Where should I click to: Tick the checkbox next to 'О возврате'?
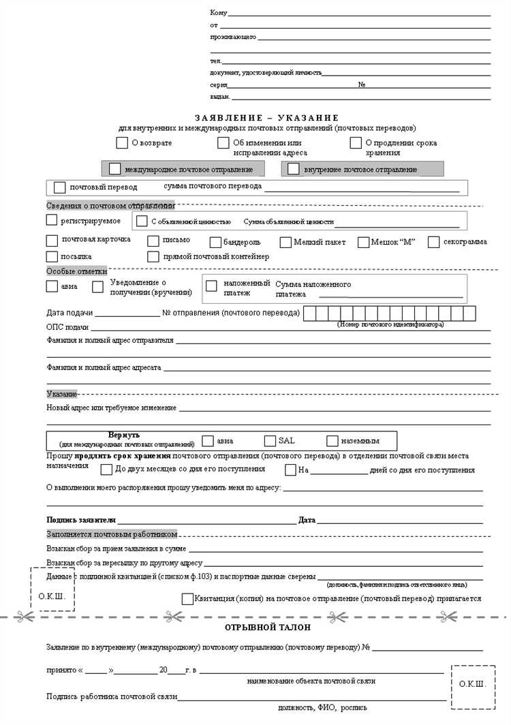122,143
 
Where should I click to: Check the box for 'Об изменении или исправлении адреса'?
223,143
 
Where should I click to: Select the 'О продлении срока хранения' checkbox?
356,143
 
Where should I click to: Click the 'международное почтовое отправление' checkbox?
114,169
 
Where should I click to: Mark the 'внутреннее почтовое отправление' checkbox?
294,169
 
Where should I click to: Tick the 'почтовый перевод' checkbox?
59,187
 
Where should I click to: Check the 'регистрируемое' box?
52,220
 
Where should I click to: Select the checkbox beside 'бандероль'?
215,243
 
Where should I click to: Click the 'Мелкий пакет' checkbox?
285,243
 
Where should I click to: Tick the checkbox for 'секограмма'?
433,243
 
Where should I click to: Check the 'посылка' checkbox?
52,257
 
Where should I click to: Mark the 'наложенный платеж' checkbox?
211,286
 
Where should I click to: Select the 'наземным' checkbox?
332,441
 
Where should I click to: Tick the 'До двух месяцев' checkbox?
106,469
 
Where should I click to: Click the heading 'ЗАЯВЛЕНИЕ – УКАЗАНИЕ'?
266,118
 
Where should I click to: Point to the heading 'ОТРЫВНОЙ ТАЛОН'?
268,627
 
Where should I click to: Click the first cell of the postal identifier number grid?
309,313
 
